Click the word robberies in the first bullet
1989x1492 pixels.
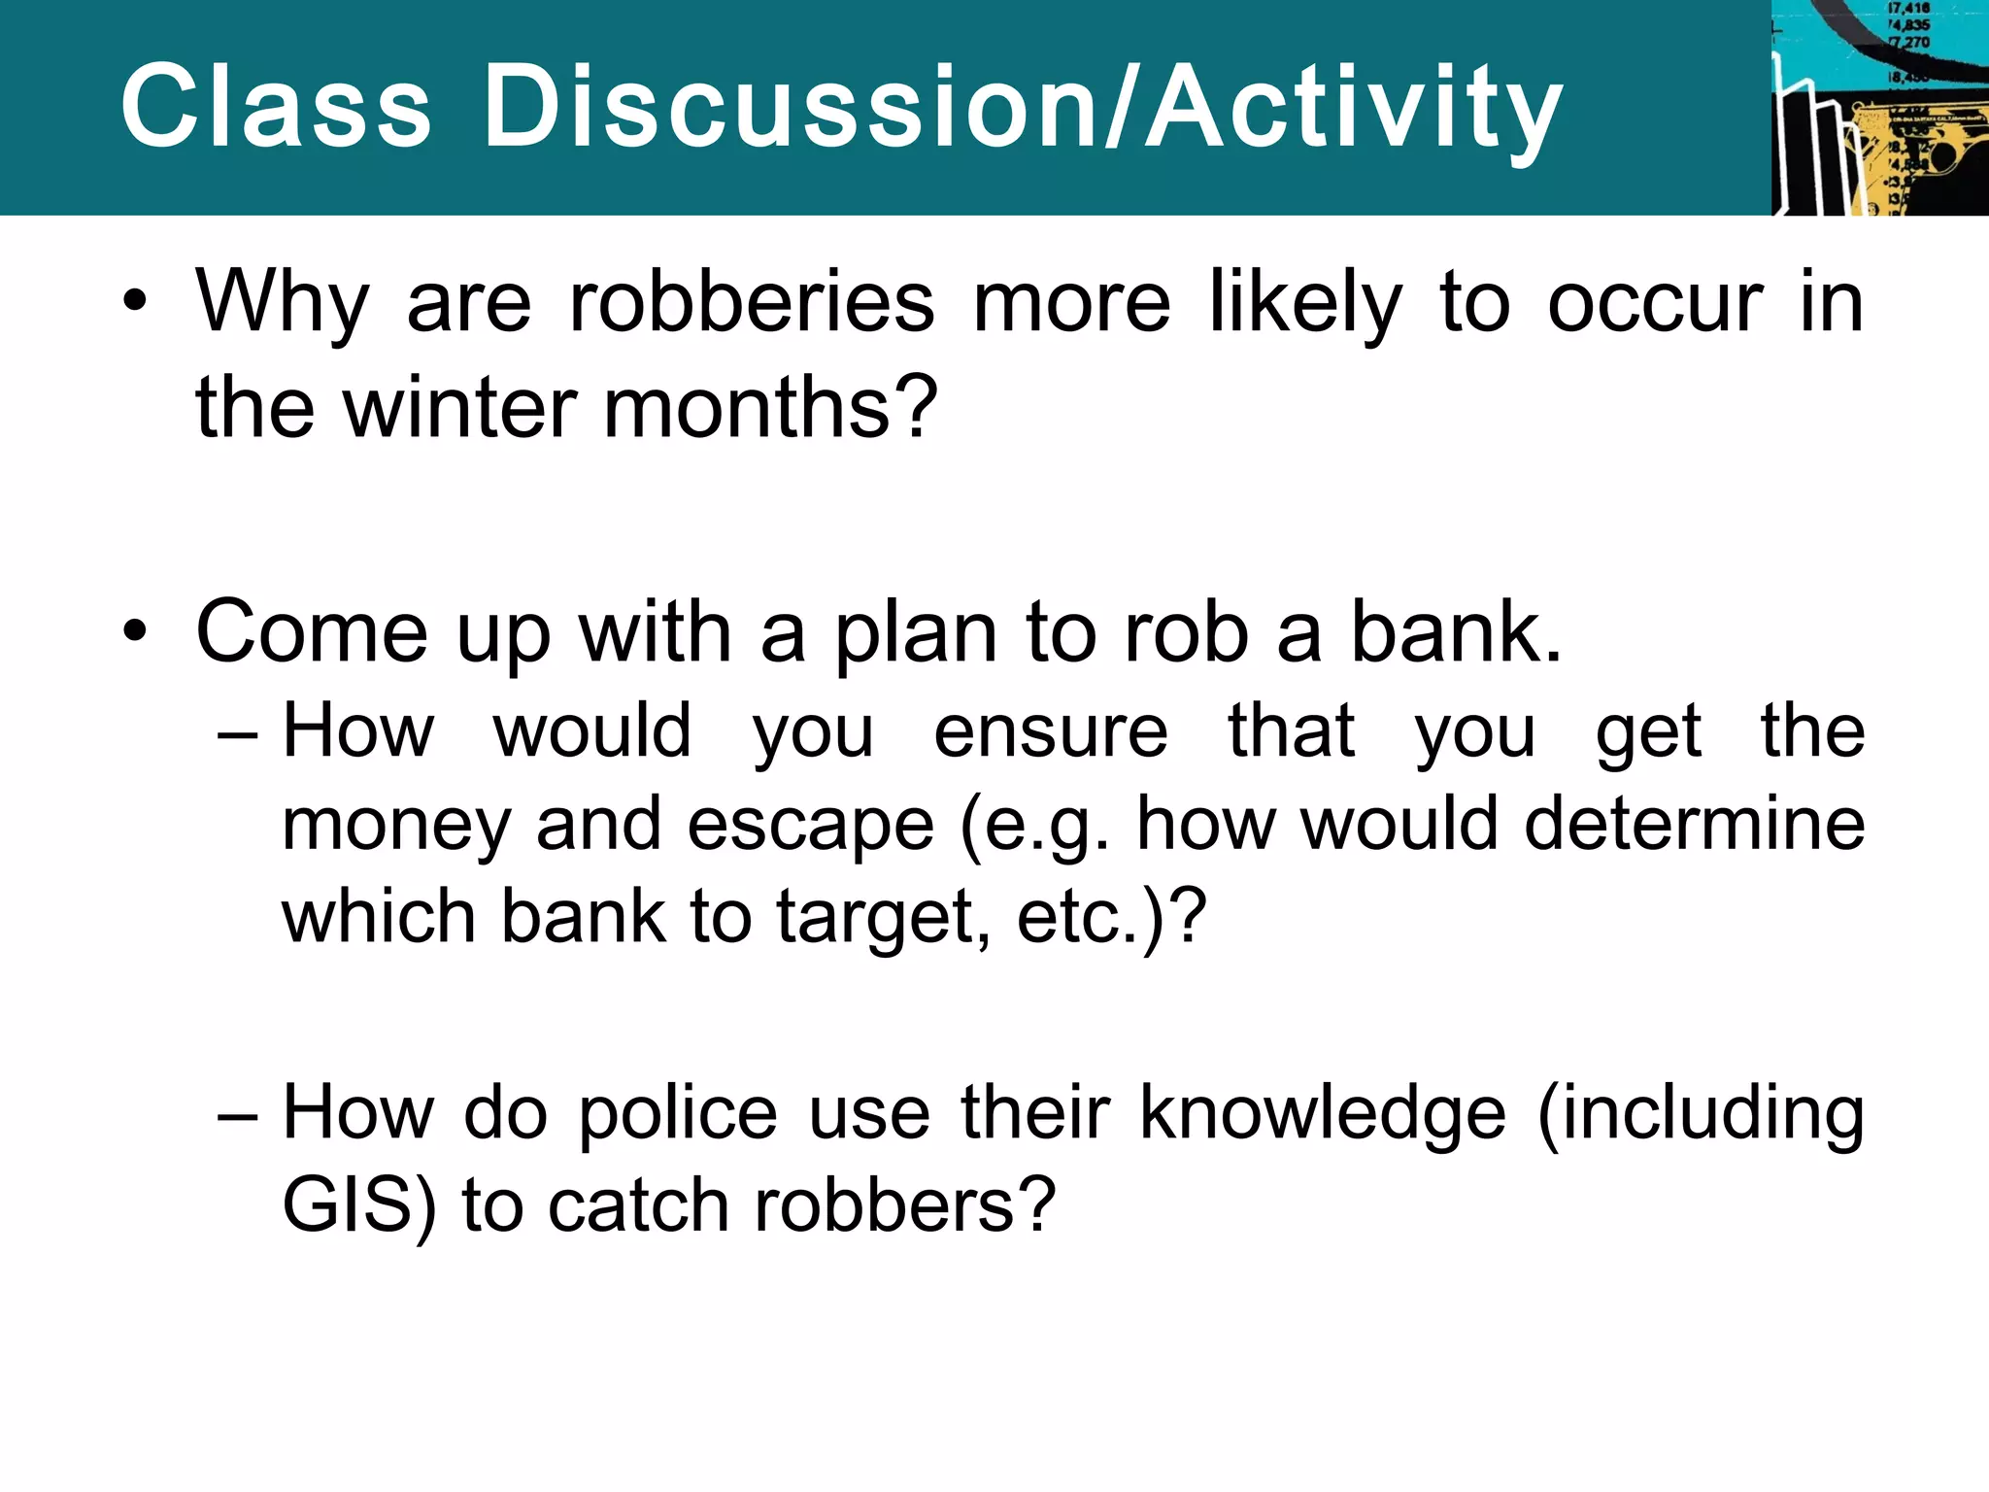(752, 303)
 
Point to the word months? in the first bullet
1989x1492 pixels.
(771, 407)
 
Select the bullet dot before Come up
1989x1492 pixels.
(135, 631)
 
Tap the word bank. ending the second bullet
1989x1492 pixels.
(1456, 631)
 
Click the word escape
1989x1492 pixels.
(810, 824)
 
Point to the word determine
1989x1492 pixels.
(1694, 824)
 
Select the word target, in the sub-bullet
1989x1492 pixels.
(883, 917)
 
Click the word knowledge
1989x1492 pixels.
(1322, 1111)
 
